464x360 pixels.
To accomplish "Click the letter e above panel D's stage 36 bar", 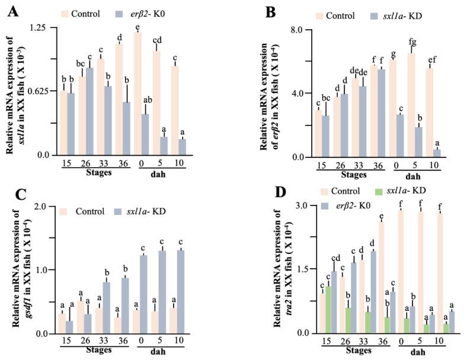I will pos(381,216).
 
